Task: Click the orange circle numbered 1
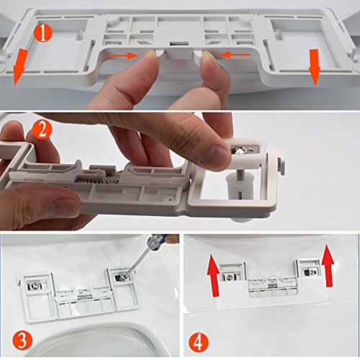42,33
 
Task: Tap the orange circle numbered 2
42,130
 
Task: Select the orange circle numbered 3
22,340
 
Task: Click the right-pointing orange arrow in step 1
122,55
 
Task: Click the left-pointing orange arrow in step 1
235,55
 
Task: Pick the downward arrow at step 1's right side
315,67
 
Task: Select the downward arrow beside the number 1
19,66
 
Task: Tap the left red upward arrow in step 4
214,276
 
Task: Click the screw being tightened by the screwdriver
124,277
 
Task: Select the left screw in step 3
35,286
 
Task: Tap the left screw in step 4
229,277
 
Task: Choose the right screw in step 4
312,272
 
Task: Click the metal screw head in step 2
240,149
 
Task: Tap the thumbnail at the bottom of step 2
63,207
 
